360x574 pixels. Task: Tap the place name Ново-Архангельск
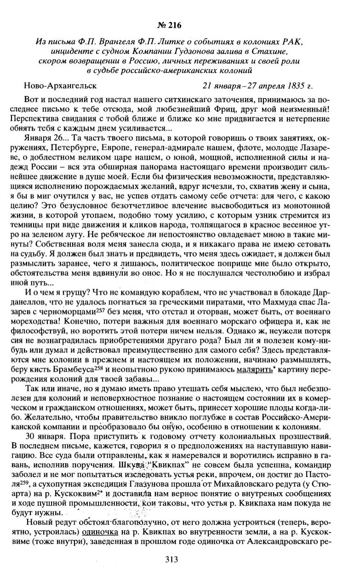coord(60,86)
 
